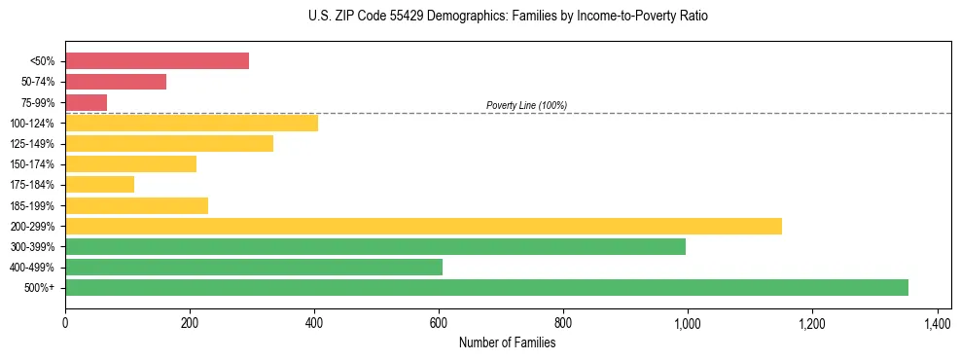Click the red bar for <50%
pos(157,61)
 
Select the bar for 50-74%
pos(116,82)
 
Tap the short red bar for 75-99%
pos(86,102)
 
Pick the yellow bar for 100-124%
pos(192,123)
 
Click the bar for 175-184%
pos(99,185)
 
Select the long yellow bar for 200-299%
pos(423,227)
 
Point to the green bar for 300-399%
pos(375,247)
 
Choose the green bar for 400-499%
pos(254,268)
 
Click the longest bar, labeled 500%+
pos(486,288)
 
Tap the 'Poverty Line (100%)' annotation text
pos(526,105)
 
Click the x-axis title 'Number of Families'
pos(507,342)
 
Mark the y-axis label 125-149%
pos(32,144)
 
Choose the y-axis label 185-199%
pos(32,206)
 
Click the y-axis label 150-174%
pos(32,164)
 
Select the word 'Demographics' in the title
pos(444,17)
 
